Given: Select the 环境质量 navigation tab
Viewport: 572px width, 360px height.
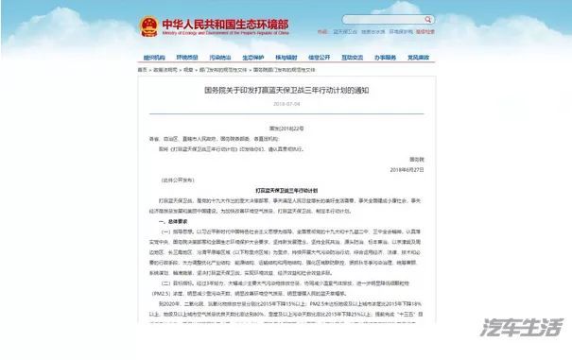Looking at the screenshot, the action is click(187, 58).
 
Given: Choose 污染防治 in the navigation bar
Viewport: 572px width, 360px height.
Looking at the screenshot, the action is click(220, 58).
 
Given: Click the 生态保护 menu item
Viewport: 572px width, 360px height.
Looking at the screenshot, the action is click(253, 58).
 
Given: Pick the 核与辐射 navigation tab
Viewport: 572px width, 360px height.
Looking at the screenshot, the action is click(286, 58).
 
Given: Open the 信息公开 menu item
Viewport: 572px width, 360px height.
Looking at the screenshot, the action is click(320, 58).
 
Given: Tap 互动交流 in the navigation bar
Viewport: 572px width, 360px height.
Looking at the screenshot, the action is click(354, 58).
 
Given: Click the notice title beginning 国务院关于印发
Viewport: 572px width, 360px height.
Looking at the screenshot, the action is click(286, 91).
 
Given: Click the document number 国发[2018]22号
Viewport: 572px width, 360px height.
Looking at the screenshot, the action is click(286, 129).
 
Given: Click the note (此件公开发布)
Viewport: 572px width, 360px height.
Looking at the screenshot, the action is click(167, 178).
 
